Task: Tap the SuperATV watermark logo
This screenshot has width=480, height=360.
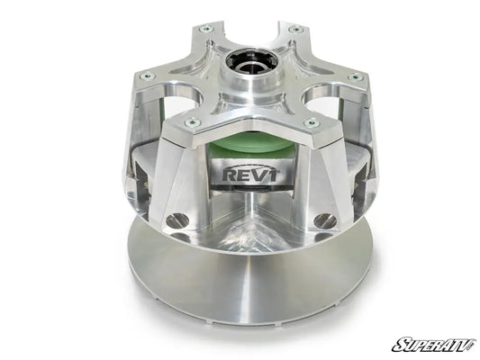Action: [432, 344]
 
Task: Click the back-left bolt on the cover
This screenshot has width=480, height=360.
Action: [208, 30]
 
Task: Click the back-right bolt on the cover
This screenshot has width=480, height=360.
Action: [296, 29]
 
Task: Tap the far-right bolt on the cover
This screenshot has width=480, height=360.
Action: [357, 77]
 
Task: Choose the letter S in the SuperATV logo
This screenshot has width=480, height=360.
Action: [397, 344]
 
